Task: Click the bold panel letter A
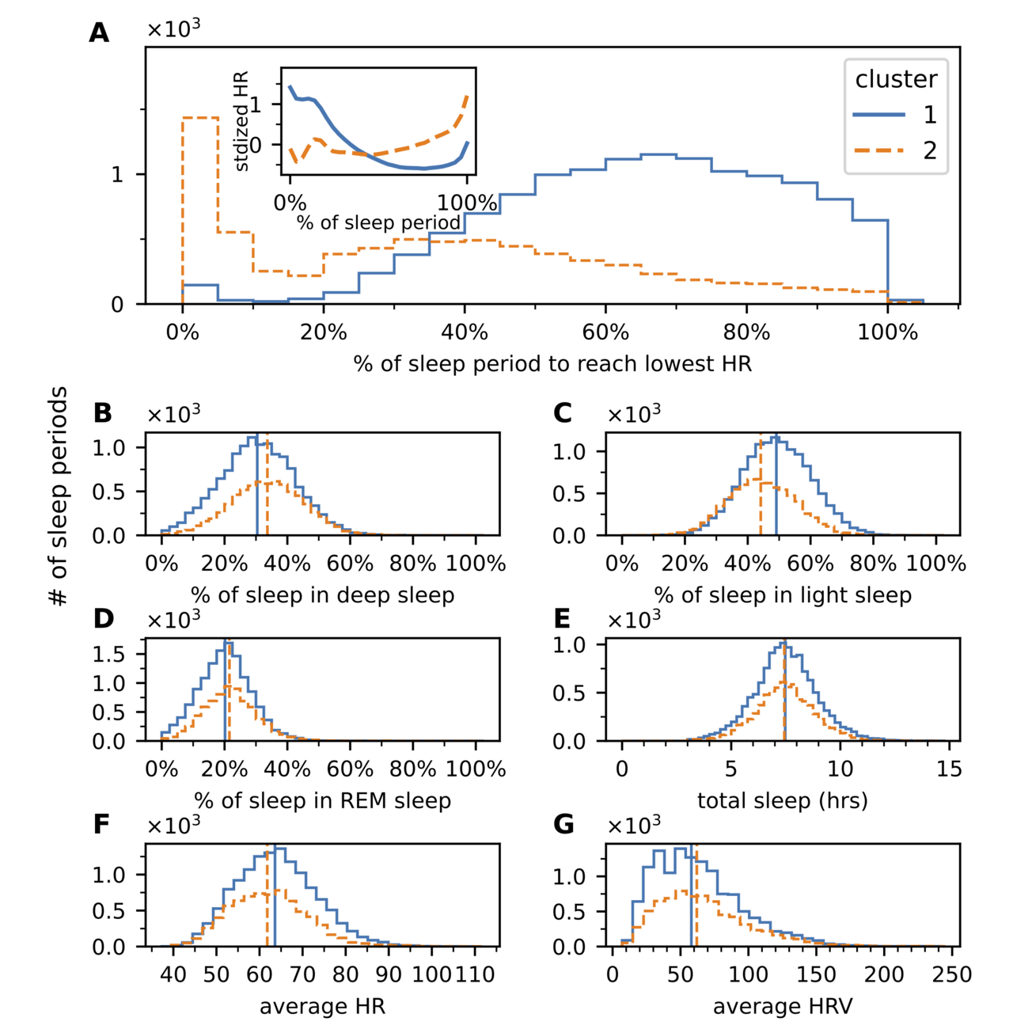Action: pos(99,33)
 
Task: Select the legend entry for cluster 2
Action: pos(894,150)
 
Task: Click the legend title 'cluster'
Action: pos(896,79)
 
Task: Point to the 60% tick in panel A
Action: pos(605,332)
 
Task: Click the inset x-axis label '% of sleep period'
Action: pos(378,223)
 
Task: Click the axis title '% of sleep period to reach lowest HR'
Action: pos(552,364)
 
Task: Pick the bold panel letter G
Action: pos(563,825)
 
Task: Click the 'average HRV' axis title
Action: pos(783,1007)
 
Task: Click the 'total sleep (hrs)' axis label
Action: pos(783,801)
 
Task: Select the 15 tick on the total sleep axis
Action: pos(949,769)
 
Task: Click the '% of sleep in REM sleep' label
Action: pos(323,801)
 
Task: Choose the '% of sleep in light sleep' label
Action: pos(783,595)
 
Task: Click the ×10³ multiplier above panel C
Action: pos(633,414)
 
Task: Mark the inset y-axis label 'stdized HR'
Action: pos(242,120)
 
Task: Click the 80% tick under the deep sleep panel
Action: pos(412,564)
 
